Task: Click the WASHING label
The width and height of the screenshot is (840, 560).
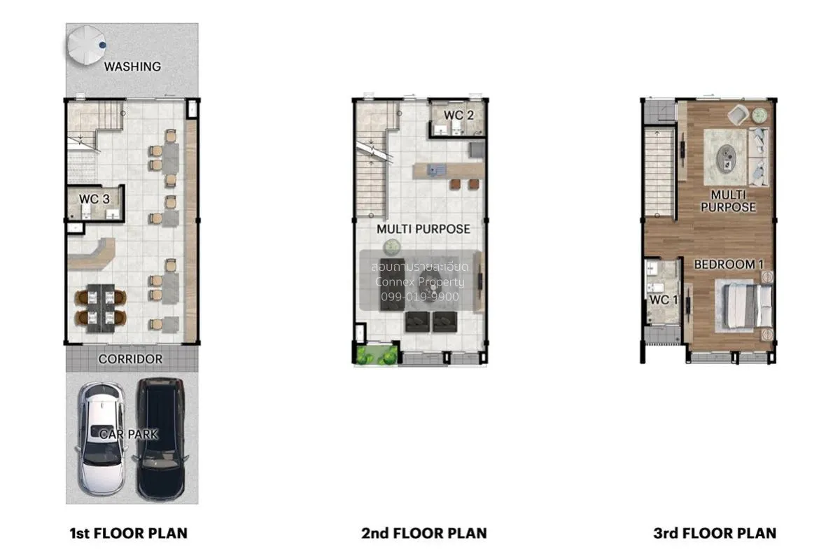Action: click(132, 66)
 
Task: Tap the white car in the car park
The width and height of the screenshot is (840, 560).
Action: click(101, 439)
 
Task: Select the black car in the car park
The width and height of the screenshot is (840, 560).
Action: click(161, 439)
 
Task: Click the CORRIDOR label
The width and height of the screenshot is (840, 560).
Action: click(130, 359)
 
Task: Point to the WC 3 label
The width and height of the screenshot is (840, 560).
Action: click(94, 199)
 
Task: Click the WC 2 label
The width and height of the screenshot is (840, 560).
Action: click(458, 115)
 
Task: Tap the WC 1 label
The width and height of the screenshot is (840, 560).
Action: click(664, 300)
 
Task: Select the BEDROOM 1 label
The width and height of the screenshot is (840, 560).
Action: click(729, 265)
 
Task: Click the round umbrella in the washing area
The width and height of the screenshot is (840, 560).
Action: click(86, 45)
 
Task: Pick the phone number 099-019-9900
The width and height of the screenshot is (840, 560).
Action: click(420, 297)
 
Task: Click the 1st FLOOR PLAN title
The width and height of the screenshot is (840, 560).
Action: click(129, 533)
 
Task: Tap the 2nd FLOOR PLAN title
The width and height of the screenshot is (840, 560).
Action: click(423, 533)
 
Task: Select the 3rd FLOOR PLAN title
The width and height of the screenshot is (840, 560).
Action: click(715, 533)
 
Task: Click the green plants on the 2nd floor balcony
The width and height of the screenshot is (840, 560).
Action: click(376, 354)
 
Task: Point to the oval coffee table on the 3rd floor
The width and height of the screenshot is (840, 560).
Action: click(727, 158)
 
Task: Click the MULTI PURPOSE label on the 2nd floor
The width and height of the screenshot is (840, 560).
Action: click(423, 229)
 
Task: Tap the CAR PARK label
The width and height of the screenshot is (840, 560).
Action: click(129, 434)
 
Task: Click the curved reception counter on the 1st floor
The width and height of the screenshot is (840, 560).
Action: click(92, 253)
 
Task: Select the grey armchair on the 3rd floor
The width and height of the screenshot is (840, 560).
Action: click(738, 114)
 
